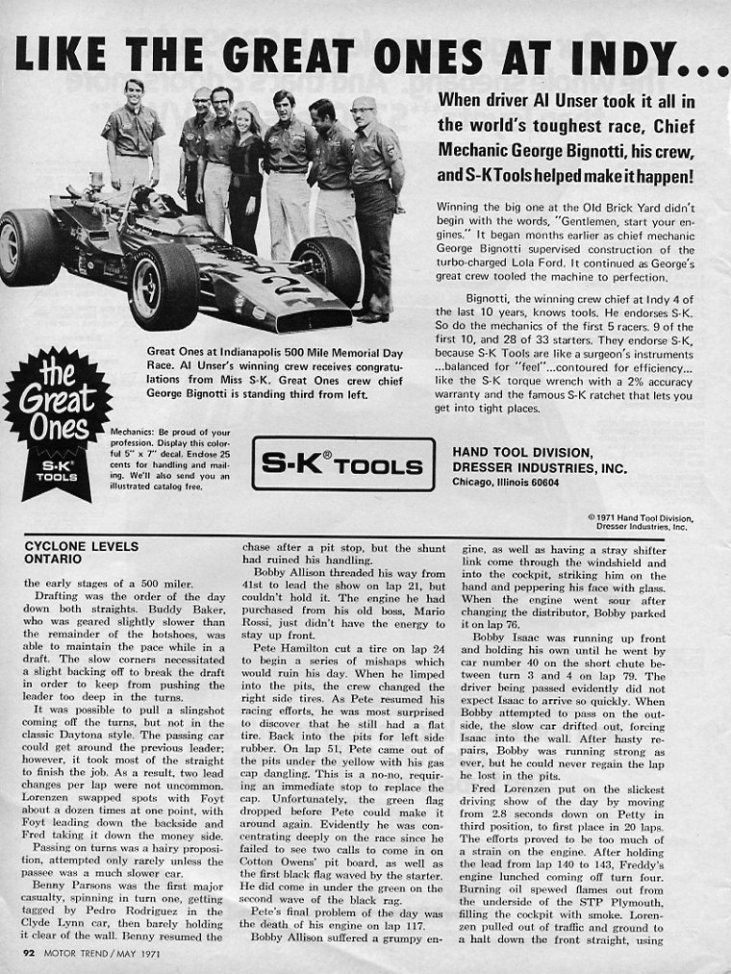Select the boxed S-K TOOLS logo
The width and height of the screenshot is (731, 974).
pyautogui.click(x=341, y=467)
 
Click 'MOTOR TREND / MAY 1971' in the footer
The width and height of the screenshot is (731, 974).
pyautogui.click(x=102, y=952)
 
